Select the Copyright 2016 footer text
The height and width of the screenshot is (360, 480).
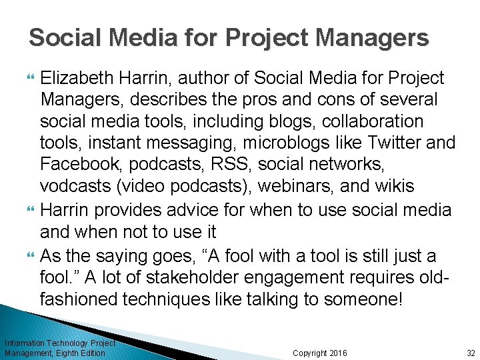point(320,353)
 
